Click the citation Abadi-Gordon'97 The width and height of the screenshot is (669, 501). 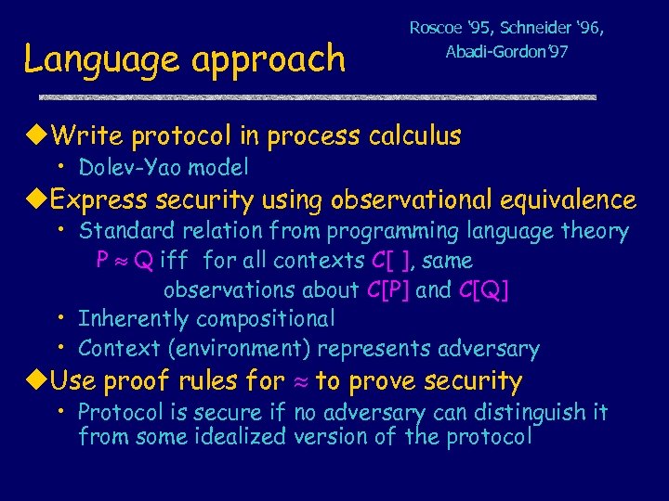pyautogui.click(x=506, y=52)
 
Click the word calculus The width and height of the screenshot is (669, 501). pyautogui.click(x=414, y=136)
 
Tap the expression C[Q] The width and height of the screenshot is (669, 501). pyautogui.click(x=483, y=290)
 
